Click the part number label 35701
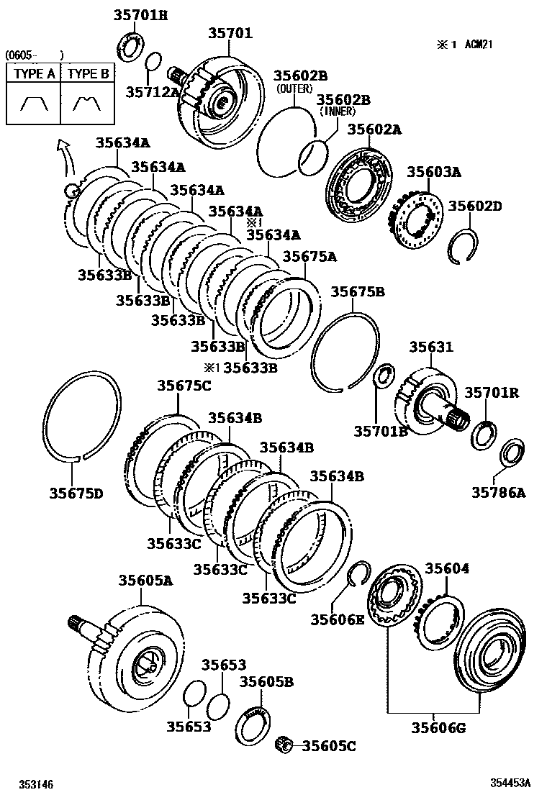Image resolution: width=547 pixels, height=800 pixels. coord(231,33)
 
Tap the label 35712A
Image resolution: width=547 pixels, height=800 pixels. coord(152,91)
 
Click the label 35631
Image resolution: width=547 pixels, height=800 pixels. coord(432,347)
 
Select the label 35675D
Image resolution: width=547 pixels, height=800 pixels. coord(76,494)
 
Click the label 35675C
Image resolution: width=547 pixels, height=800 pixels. coord(184,386)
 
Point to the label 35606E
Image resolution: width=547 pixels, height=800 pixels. coord(338,619)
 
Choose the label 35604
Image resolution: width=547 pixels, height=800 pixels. coord(446,568)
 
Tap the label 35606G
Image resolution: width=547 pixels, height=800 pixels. coord(438,727)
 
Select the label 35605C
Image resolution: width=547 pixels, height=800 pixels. coord(328,746)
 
